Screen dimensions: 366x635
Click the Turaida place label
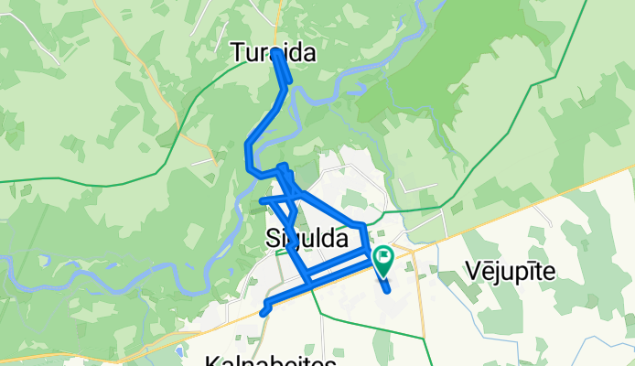coord(274,54)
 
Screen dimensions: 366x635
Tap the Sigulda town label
coord(307,239)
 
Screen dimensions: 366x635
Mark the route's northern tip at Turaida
coord(275,53)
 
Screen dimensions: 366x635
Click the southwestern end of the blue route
coord(263,313)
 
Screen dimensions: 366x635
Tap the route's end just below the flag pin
coord(389,290)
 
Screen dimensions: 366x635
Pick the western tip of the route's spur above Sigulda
coord(262,199)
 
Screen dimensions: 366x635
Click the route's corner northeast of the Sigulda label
coord(363,224)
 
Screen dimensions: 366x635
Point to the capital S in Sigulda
coord(272,239)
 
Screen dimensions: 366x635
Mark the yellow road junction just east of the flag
coord(413,249)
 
